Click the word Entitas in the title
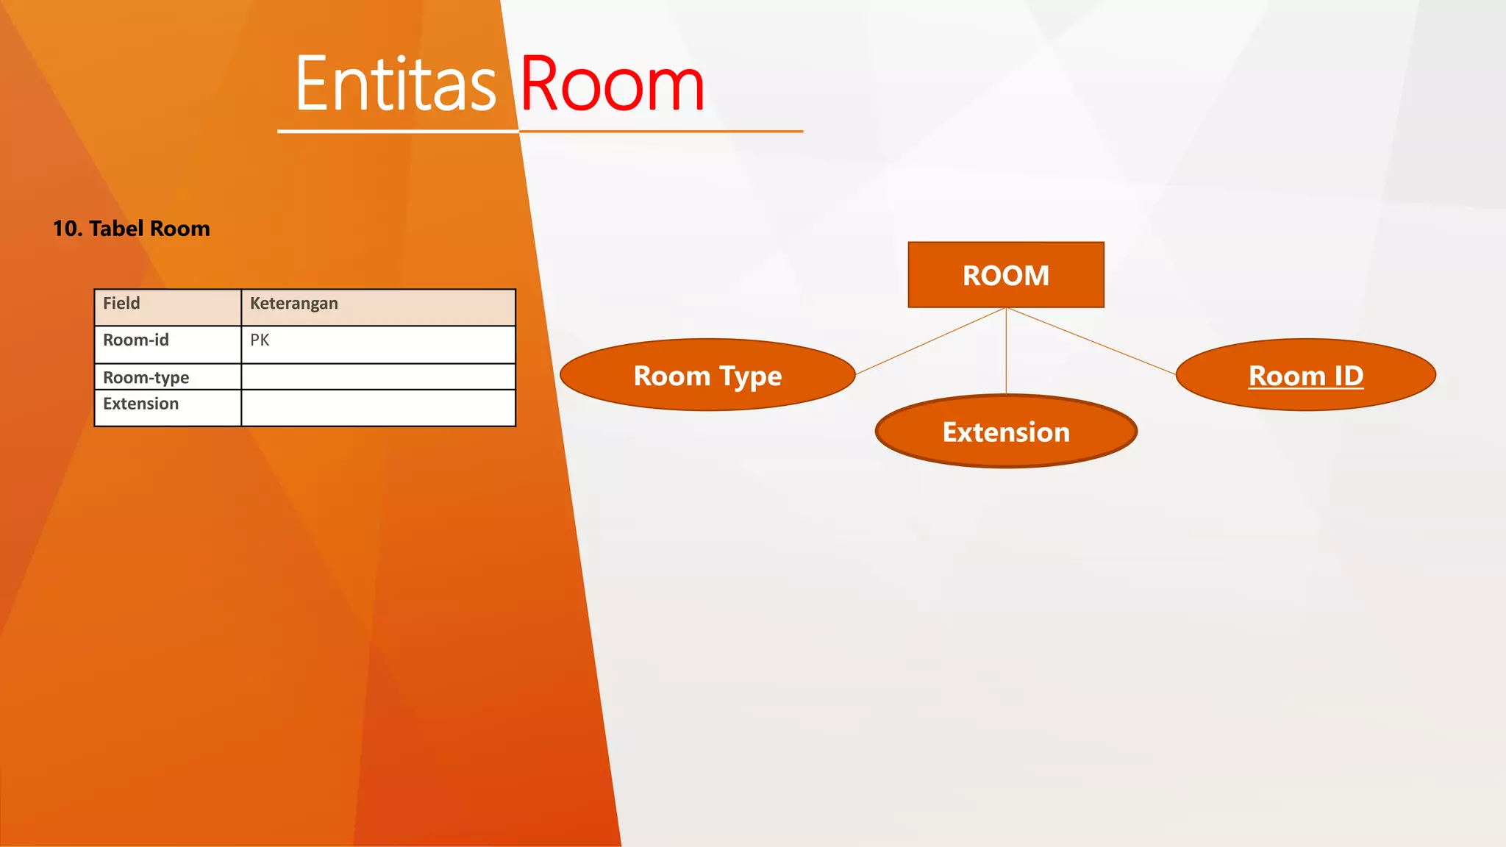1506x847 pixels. pyautogui.click(x=396, y=85)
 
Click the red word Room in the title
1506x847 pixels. pyautogui.click(x=612, y=85)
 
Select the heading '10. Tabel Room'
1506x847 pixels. pyautogui.click(x=132, y=229)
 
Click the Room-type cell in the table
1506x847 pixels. pyautogui.click(x=168, y=377)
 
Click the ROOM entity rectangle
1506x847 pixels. pyautogui.click(x=1006, y=275)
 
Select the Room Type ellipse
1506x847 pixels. pyautogui.click(x=707, y=375)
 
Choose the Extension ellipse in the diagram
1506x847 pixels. pyautogui.click(x=1006, y=432)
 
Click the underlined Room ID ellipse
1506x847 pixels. pyautogui.click(x=1306, y=375)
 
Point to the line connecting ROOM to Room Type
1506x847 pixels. pyautogui.click(x=930, y=341)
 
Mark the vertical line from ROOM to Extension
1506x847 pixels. pyautogui.click(x=1006, y=351)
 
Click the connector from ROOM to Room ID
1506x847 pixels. pyautogui.click(x=1091, y=341)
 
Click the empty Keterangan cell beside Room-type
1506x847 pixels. pyautogui.click(x=378, y=377)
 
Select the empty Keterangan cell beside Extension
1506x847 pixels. pyautogui.click(x=378, y=407)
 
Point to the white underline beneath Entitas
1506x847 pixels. pyautogui.click(x=397, y=132)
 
